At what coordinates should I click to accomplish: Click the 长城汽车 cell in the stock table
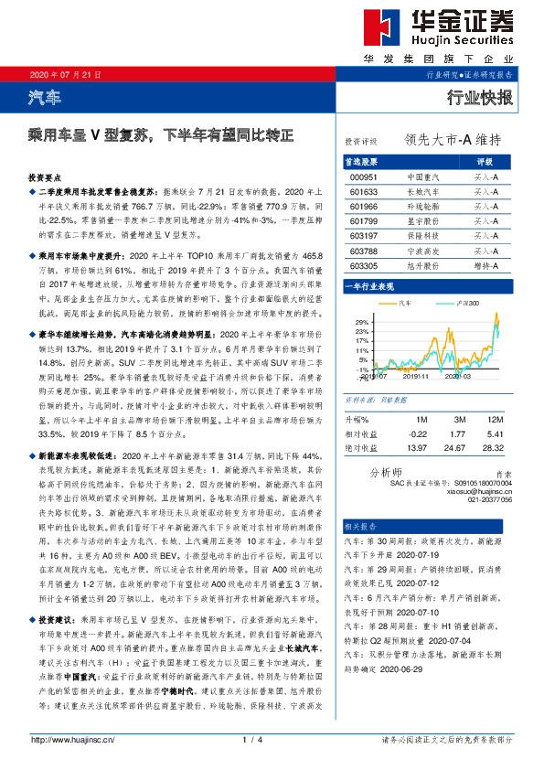pyautogui.click(x=422, y=192)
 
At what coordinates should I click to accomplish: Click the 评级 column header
pyautogui.click(x=485, y=161)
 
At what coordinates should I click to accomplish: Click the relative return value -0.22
pyautogui.click(x=418, y=433)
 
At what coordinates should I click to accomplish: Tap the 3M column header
pyautogui.click(x=460, y=418)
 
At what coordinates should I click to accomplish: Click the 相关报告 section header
pyautogui.click(x=359, y=528)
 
